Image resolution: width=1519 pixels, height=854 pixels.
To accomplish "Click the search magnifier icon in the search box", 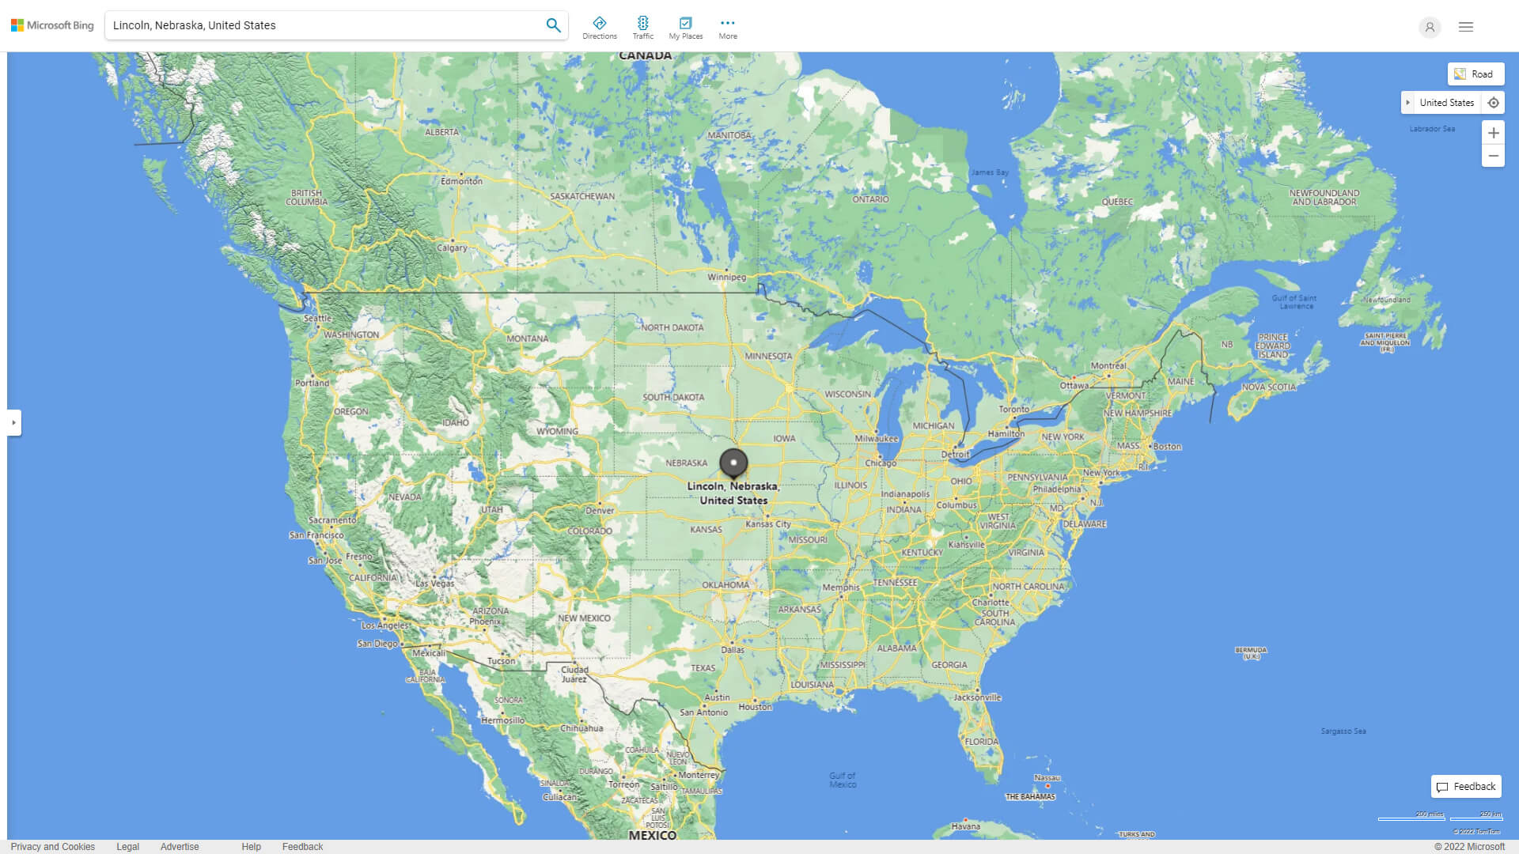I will click(x=553, y=25).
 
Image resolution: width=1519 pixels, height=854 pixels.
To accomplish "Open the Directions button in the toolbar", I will click(x=600, y=28).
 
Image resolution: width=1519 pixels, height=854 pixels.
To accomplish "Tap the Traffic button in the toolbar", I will click(x=643, y=28).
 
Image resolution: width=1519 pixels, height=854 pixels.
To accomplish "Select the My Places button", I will click(x=686, y=28).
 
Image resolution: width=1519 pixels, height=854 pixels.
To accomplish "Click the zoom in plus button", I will click(x=1493, y=133).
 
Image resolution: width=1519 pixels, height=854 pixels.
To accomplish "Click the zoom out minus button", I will click(x=1493, y=156).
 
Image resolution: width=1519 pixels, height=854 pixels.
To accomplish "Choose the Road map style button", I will click(x=1475, y=74).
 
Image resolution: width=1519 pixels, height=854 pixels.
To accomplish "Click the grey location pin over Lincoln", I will click(x=733, y=463).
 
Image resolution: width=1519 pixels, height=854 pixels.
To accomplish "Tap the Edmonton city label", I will click(x=461, y=181).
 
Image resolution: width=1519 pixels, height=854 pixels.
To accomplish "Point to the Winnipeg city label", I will click(x=726, y=278).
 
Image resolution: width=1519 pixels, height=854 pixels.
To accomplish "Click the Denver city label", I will click(x=600, y=510).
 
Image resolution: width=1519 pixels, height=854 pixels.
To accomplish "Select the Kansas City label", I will click(x=767, y=523).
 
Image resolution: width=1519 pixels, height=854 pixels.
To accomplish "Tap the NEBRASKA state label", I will click(x=686, y=463).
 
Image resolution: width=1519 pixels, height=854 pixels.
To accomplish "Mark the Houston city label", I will click(x=755, y=707).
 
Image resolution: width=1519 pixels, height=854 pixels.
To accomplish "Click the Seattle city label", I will click(x=317, y=318).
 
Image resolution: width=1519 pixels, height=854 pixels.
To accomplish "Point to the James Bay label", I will click(x=990, y=172).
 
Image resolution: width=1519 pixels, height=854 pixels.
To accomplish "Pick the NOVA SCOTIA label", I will click(x=1269, y=387).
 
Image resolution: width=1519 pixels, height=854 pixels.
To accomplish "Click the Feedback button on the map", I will click(x=1466, y=787).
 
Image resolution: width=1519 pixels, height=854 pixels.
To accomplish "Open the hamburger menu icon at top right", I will click(x=1466, y=27).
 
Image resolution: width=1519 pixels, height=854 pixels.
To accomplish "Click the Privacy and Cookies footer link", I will click(x=53, y=847).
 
